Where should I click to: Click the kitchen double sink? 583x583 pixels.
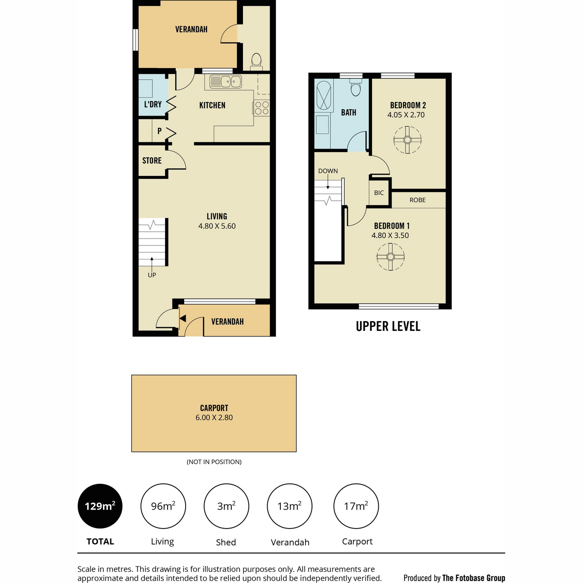225,82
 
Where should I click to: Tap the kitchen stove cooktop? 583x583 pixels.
261,108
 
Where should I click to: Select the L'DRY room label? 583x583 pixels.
153,104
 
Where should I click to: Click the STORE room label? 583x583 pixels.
152,160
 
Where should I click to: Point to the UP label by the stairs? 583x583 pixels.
152,274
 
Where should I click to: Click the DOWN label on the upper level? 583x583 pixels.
328,171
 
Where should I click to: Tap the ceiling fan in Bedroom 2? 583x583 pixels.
407,140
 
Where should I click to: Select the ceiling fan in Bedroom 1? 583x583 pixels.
390,257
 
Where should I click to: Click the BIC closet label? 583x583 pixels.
379,193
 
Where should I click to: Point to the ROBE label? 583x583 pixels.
417,200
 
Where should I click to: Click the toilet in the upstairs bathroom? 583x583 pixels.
356,87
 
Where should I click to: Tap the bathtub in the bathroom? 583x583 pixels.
323,95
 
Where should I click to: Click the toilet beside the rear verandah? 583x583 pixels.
256,62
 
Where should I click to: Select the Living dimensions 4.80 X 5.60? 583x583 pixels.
217,226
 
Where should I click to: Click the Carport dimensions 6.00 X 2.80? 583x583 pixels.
214,417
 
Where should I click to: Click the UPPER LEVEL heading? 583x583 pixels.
388,326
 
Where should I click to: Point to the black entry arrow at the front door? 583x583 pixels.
183,318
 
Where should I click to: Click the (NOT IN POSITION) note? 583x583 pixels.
214,462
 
